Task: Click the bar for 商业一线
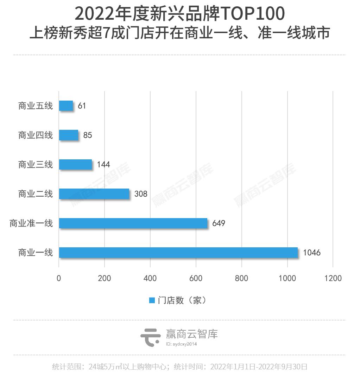point(178,253)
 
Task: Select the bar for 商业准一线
point(133,223)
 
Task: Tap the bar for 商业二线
point(94,194)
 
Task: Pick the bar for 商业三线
point(75,164)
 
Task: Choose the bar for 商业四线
point(69,135)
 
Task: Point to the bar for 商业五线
point(66,106)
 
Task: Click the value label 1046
point(311,253)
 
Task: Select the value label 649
point(218,223)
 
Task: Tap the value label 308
point(140,194)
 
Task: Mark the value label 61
point(82,106)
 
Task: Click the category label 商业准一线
point(31,223)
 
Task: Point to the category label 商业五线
point(36,106)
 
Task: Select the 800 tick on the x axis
point(241,278)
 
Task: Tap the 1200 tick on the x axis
point(333,278)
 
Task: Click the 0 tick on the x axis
point(59,278)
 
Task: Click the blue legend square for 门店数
point(152,300)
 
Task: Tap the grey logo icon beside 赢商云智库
point(151,337)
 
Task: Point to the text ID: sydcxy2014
point(181,344)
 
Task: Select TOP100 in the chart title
point(252,14)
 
